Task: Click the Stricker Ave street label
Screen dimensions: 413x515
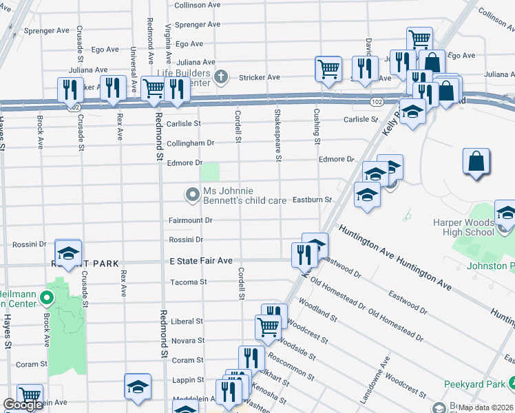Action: tap(260, 77)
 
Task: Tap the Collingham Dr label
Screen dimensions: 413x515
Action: tap(191, 144)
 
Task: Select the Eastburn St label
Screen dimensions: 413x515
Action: tap(312, 200)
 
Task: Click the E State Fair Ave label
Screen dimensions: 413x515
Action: tap(201, 261)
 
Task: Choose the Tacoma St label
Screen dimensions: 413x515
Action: tap(188, 282)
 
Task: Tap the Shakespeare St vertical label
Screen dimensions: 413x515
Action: tap(278, 134)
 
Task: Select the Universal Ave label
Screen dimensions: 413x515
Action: tap(133, 63)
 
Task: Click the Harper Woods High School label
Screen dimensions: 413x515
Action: tap(463, 227)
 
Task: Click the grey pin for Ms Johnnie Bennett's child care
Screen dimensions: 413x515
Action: tap(193, 195)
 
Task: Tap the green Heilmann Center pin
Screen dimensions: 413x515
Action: tap(46, 298)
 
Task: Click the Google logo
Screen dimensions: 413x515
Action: tap(23, 405)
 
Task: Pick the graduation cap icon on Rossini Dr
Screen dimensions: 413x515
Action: tap(68, 253)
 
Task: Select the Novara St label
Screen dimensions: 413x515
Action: tap(187, 341)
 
